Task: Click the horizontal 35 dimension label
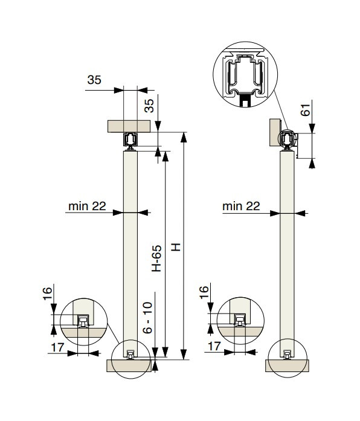click(x=94, y=80)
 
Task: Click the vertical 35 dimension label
click(x=149, y=106)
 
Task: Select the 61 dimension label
click(x=305, y=110)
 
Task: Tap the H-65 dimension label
click(x=157, y=259)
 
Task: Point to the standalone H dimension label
click(x=176, y=247)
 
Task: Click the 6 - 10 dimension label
click(x=147, y=318)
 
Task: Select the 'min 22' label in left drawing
click(x=87, y=206)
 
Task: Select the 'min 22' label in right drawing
click(x=241, y=206)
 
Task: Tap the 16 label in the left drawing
click(x=47, y=294)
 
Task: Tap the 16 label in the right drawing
click(x=204, y=292)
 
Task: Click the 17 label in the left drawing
click(x=58, y=347)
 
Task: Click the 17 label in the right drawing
click(x=214, y=346)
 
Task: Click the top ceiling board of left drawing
click(x=129, y=126)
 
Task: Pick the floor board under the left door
click(x=129, y=365)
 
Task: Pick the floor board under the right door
click(x=288, y=365)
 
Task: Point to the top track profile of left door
click(x=130, y=140)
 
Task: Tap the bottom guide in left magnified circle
click(x=83, y=321)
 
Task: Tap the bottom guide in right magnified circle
click(x=240, y=320)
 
